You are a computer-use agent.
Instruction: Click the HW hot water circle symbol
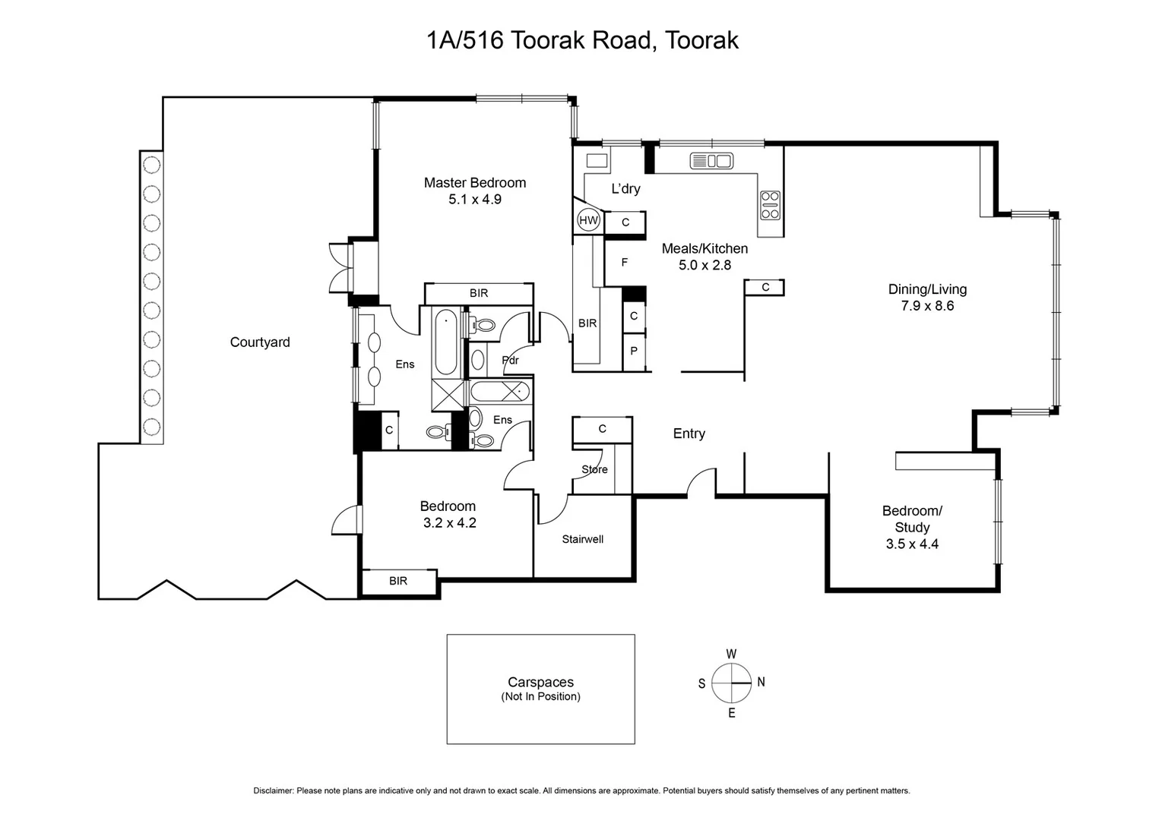[589, 220]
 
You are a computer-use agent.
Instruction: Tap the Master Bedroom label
[474, 182]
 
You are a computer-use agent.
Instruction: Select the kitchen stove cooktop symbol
[770, 205]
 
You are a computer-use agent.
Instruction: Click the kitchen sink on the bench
[711, 161]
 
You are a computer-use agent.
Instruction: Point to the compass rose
[731, 683]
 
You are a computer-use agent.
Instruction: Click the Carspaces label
[540, 682]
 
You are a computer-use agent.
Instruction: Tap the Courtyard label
[260, 342]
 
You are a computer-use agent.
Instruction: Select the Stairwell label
[583, 539]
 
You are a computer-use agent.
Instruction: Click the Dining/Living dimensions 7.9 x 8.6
[927, 306]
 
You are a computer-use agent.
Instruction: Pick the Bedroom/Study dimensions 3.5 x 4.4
[912, 544]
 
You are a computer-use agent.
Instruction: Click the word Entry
[689, 434]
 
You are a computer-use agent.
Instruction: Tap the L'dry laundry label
[625, 188]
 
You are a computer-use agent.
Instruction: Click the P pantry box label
[634, 352]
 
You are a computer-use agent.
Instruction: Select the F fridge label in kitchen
[625, 263]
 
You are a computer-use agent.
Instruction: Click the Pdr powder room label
[511, 360]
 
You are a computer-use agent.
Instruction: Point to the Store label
[594, 469]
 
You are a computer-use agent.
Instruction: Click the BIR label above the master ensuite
[479, 293]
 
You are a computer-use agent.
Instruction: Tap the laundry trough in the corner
[597, 161]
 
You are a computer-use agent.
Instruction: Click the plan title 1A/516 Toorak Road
[582, 40]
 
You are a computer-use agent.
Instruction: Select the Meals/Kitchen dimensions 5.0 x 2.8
[704, 265]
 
